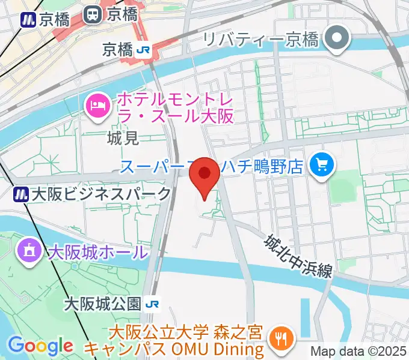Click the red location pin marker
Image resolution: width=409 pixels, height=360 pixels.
(204, 175)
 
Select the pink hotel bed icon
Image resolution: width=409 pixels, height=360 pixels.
(97, 106)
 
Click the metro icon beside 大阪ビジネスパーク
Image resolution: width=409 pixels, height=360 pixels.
(22, 194)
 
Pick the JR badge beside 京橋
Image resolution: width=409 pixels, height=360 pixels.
(143, 50)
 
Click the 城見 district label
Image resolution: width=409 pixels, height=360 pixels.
(123, 139)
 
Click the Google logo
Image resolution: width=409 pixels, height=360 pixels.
(40, 346)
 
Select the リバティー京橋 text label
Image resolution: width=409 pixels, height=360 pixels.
(260, 40)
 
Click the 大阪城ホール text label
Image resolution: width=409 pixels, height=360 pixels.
(97, 251)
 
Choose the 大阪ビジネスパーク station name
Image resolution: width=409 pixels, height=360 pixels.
(101, 194)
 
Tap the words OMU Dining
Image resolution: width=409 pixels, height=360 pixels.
(232, 348)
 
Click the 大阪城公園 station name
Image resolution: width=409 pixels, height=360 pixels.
(102, 303)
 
